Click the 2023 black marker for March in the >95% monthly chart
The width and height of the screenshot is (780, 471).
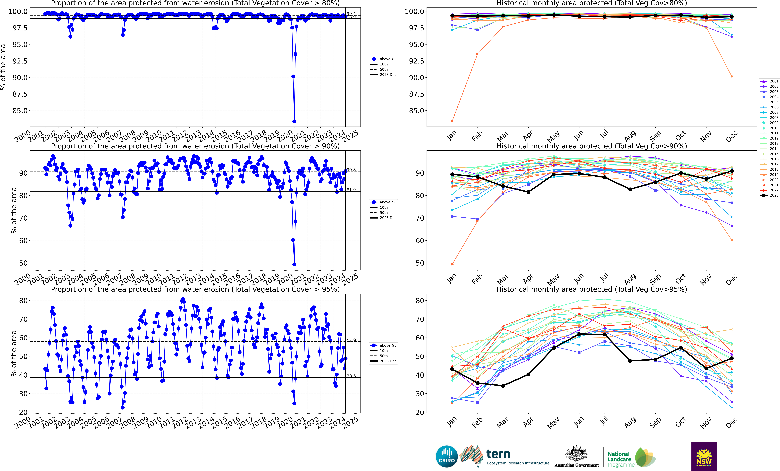503,386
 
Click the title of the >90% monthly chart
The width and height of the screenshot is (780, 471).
592,146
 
